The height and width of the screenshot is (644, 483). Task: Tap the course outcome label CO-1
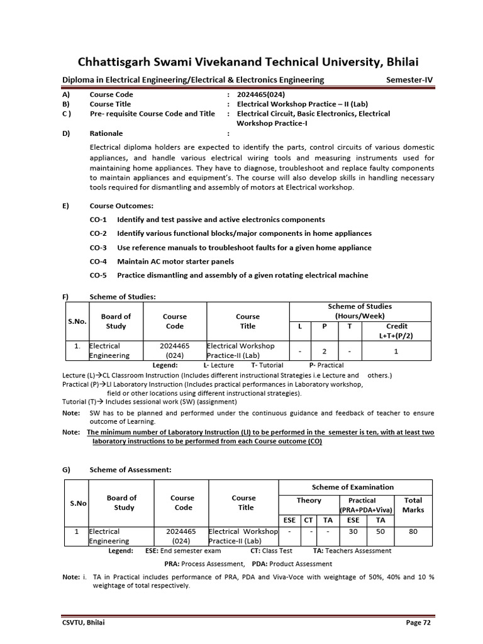tap(98, 219)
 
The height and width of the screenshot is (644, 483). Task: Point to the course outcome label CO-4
tap(98, 261)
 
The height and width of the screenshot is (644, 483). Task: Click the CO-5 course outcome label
tap(98, 275)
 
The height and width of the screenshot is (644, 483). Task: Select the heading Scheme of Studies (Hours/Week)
tap(360, 311)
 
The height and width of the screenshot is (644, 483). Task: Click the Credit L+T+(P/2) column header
tap(396, 331)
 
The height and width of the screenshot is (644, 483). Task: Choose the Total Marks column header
tap(413, 505)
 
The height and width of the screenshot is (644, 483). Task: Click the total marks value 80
tap(413, 531)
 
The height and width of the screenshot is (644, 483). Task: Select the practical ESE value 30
tap(353, 531)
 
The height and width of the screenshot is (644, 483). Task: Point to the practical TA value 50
tap(380, 531)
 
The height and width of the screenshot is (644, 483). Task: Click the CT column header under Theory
tap(308, 520)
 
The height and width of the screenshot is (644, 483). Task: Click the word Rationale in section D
tap(106, 133)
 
